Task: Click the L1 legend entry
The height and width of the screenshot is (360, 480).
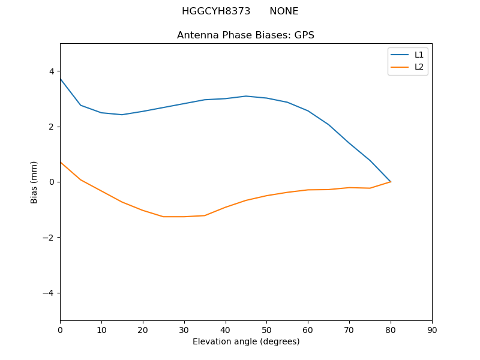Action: pyautogui.click(x=419, y=55)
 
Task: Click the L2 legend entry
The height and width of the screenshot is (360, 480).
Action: pyautogui.click(x=419, y=67)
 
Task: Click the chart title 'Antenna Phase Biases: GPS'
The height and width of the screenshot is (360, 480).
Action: pyautogui.click(x=245, y=35)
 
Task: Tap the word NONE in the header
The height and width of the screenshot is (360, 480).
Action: pyautogui.click(x=284, y=11)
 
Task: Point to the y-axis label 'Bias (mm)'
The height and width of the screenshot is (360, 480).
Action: pyautogui.click(x=34, y=182)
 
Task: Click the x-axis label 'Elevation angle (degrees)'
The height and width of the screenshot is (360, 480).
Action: pyautogui.click(x=246, y=341)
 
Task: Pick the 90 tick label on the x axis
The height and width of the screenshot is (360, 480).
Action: pyautogui.click(x=432, y=330)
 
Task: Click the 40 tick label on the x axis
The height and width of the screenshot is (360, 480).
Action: pyautogui.click(x=226, y=330)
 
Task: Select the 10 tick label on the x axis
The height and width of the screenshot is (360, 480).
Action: pyautogui.click(x=101, y=330)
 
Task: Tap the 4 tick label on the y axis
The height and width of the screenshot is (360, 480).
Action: pyautogui.click(x=52, y=71)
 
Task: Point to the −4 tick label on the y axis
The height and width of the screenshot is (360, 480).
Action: pyautogui.click(x=49, y=293)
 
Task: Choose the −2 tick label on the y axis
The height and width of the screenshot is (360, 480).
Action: pyautogui.click(x=49, y=238)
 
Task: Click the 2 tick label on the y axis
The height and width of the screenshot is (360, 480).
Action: pyautogui.click(x=52, y=127)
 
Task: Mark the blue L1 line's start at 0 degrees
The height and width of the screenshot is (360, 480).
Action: pyautogui.click(x=61, y=79)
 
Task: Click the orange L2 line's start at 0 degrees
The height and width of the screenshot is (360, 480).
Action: pyautogui.click(x=61, y=163)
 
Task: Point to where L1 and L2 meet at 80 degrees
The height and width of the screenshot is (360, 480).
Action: pyautogui.click(x=391, y=182)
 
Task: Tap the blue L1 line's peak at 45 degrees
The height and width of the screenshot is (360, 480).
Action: pyautogui.click(x=246, y=96)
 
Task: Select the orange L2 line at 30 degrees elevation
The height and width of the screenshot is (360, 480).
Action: pyautogui.click(x=184, y=217)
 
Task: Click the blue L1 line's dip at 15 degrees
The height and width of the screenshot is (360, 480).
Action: pyautogui.click(x=122, y=115)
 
